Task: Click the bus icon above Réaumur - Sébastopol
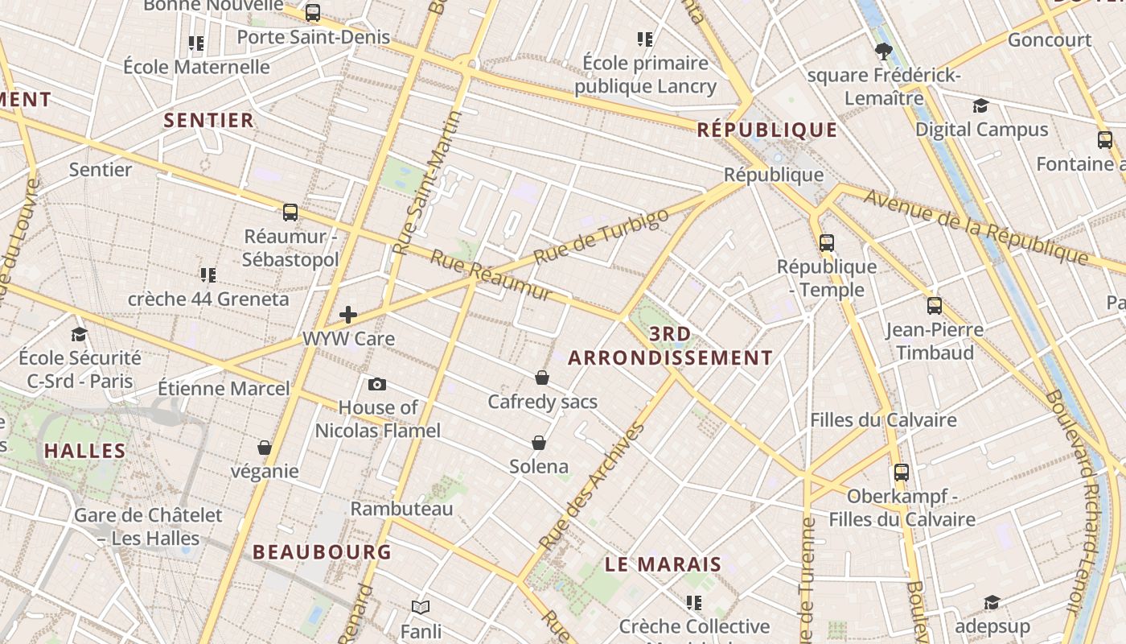pyautogui.click(x=290, y=213)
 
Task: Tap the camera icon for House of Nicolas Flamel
pyautogui.click(x=376, y=384)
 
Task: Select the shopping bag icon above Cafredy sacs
pyautogui.click(x=542, y=378)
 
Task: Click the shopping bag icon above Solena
pyautogui.click(x=539, y=443)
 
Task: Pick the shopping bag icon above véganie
pyautogui.click(x=265, y=448)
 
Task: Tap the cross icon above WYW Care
pyautogui.click(x=348, y=314)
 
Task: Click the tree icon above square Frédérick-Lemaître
pyautogui.click(x=884, y=52)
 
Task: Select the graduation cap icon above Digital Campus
pyautogui.click(x=980, y=106)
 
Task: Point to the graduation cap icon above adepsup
pyautogui.click(x=992, y=603)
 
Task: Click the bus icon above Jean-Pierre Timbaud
pyautogui.click(x=934, y=306)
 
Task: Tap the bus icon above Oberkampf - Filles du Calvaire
pyautogui.click(x=902, y=473)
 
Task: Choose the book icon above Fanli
pyautogui.click(x=420, y=607)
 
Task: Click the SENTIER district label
pyautogui.click(x=209, y=121)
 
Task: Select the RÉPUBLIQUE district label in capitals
pyautogui.click(x=767, y=130)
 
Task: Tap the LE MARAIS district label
pyautogui.click(x=663, y=564)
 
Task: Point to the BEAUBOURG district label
pyautogui.click(x=322, y=552)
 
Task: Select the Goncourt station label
pyautogui.click(x=1050, y=39)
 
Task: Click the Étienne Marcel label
pyautogui.click(x=224, y=389)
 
